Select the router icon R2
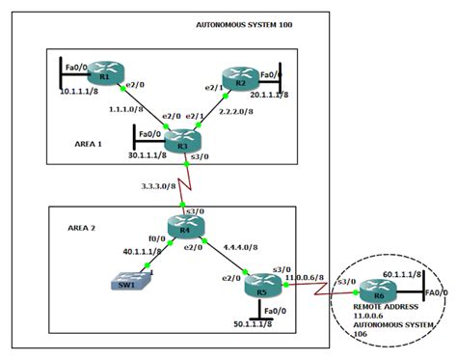[234, 75]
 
